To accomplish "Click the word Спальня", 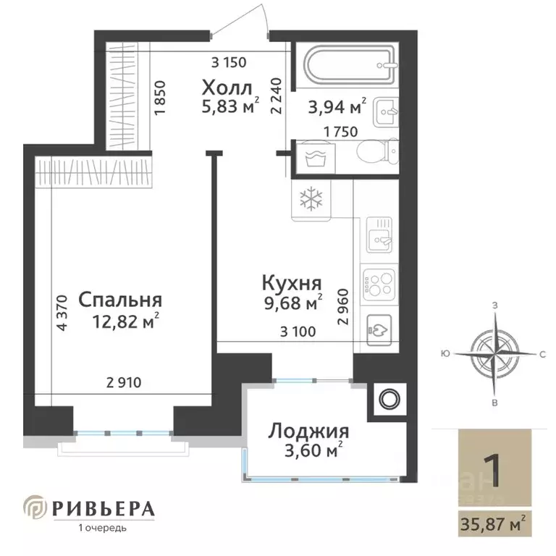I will click(119, 299).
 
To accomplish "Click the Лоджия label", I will click(308, 432).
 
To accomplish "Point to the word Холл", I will click(227, 89).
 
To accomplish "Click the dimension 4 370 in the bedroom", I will click(62, 313).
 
